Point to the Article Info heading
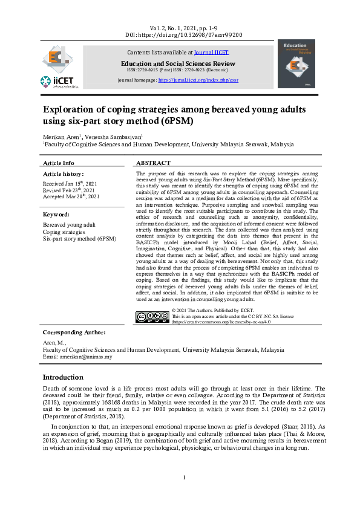pos(59,163)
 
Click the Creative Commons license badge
pos(152,316)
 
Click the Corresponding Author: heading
pos(74,332)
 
